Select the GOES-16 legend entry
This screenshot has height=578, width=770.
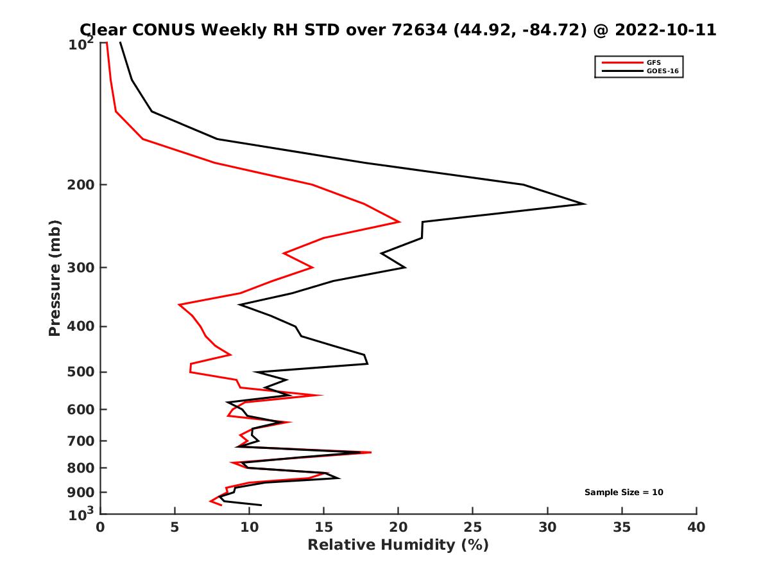660,71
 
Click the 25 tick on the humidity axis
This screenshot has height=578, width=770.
473,527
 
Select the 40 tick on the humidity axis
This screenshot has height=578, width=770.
696,527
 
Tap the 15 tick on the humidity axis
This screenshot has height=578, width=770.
323,527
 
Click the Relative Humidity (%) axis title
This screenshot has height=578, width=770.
398,545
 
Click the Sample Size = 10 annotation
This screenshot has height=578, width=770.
623,493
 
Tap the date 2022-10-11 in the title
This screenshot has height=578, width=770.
663,30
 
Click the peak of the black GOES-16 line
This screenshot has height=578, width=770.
585,204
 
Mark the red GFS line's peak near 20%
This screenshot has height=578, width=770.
400,222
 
